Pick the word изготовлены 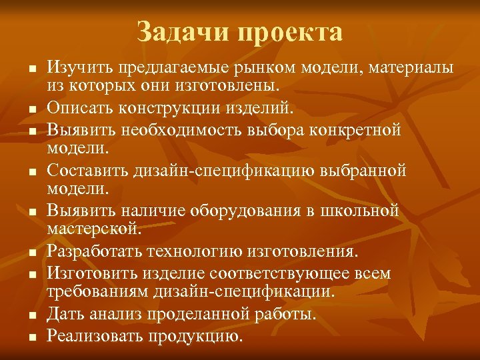(231, 85)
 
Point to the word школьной (363, 211)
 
